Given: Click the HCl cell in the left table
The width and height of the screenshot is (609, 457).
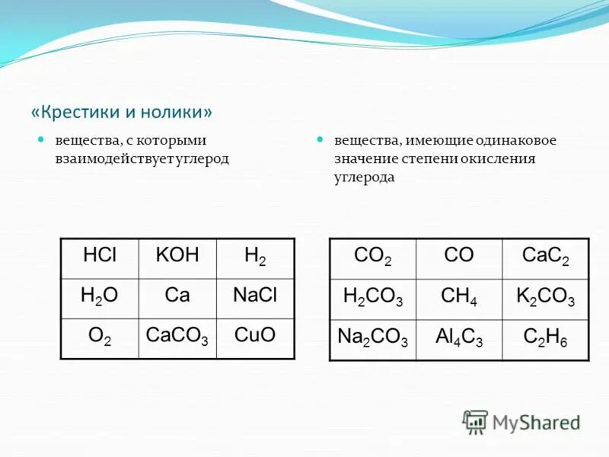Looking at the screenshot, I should click(x=99, y=257).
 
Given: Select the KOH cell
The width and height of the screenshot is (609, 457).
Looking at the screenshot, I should click(x=177, y=257).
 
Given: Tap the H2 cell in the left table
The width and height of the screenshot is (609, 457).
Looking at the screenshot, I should click(x=256, y=257).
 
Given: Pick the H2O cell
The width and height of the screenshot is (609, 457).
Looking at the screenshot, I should click(x=99, y=298).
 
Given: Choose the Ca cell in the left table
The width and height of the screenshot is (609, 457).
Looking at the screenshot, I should click(x=177, y=298).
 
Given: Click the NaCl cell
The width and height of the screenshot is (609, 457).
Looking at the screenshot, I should click(x=256, y=298).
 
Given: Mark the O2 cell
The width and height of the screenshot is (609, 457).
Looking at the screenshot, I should click(x=99, y=337).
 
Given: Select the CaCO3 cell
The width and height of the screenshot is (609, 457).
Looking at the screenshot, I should click(x=177, y=337).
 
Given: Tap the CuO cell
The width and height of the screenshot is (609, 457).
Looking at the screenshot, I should click(x=256, y=337).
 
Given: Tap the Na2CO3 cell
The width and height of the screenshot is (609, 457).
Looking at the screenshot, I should click(x=372, y=340).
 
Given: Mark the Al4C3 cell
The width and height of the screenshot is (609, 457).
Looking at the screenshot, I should click(x=459, y=340).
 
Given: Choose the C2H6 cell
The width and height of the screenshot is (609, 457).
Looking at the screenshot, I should click(x=545, y=340).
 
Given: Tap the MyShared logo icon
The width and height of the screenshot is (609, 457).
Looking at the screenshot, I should click(x=476, y=421).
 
